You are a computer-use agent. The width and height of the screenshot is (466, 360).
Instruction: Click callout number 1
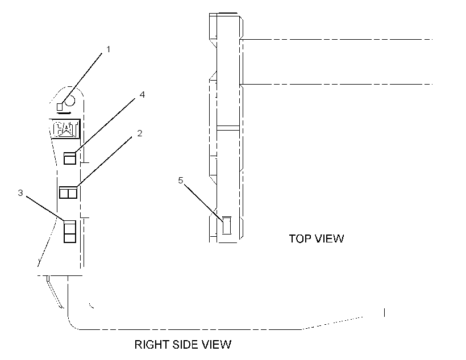coord(108,49)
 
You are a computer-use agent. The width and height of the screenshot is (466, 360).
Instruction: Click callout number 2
coord(140,133)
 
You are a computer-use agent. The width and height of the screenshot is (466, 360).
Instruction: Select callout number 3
coord(20,193)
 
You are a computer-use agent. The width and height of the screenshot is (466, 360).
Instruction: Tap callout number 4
coord(142,95)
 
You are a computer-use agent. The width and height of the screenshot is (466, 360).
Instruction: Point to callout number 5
coord(181,181)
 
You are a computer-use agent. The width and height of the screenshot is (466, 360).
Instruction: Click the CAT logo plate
coord(65,129)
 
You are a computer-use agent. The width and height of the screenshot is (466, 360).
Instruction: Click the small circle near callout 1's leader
coord(70,101)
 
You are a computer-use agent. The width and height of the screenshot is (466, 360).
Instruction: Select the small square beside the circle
coord(60,107)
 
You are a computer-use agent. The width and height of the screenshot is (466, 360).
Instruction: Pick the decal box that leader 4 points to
coord(70,158)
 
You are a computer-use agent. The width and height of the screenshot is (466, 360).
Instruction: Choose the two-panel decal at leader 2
coord(68,192)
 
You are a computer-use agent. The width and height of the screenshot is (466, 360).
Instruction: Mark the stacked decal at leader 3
coord(70,231)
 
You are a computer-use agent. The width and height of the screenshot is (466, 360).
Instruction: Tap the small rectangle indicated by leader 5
coord(227,225)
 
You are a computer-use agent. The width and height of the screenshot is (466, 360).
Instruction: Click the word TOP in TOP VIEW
coord(300,239)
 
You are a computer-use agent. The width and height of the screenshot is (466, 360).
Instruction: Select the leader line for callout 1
coord(81,79)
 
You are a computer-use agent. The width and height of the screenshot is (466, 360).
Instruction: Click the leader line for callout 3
coord(45,208)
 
